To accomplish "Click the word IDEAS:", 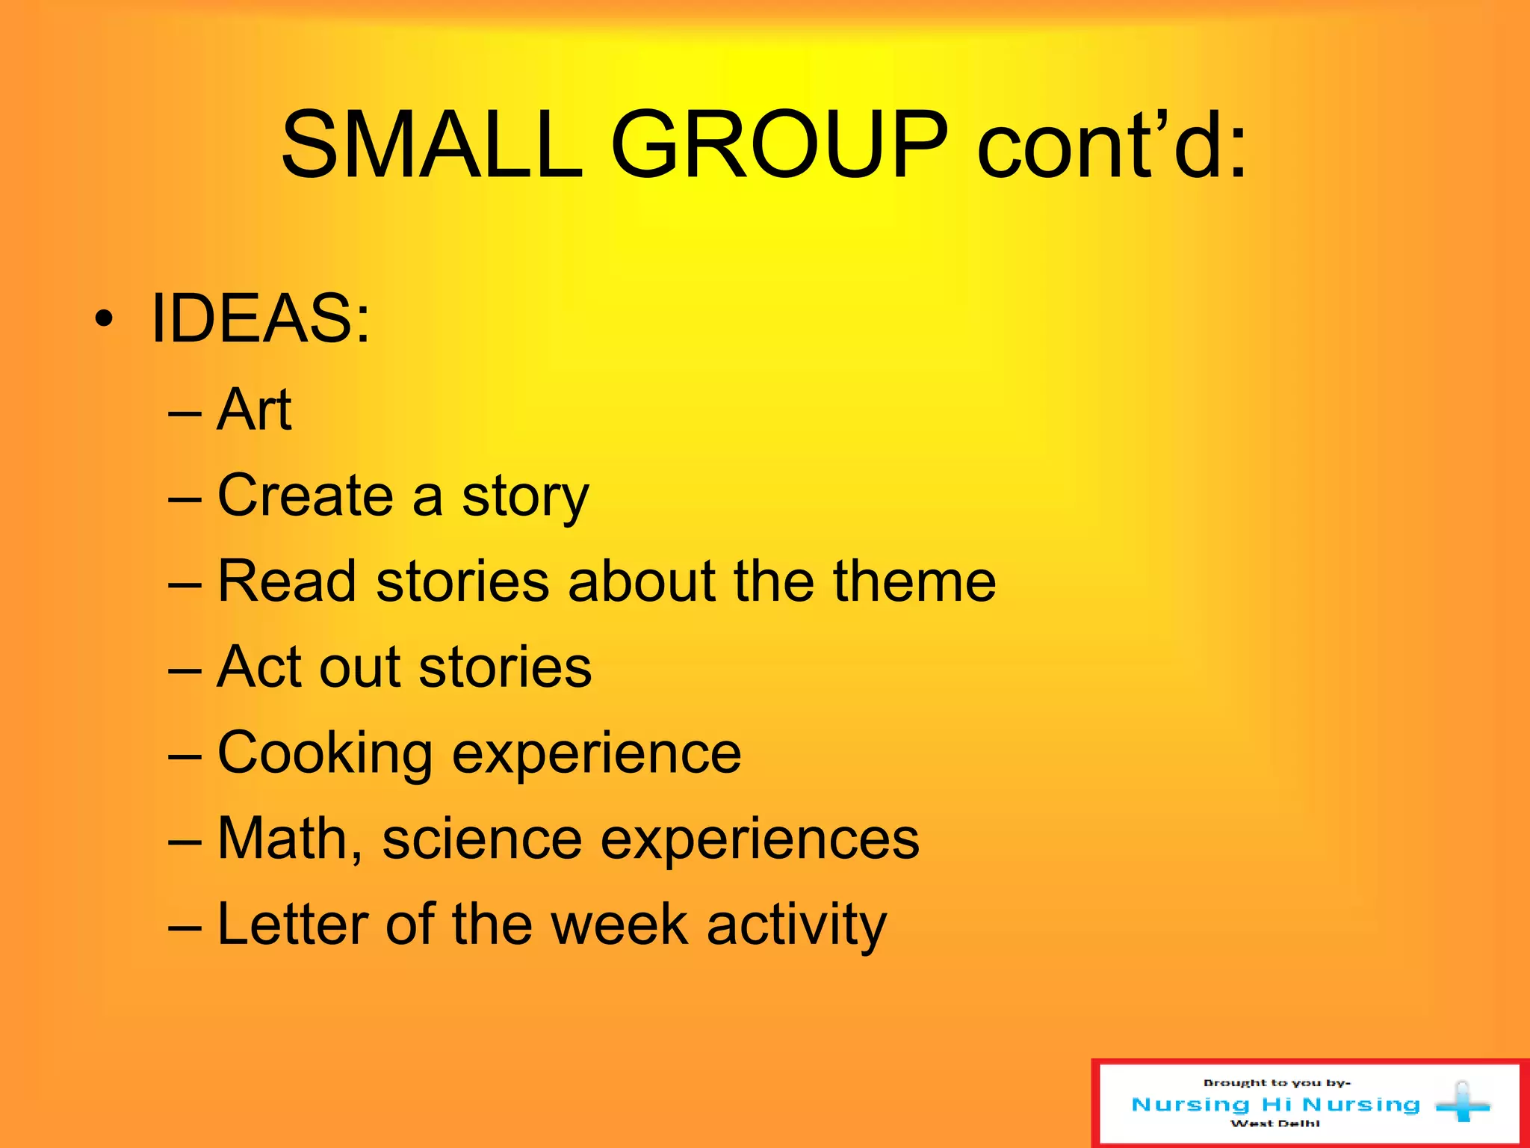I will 260,319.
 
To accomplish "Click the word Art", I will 254,410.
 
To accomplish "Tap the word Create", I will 305,496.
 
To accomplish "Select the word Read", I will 286,581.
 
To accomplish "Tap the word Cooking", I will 325,753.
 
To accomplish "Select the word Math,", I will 290,839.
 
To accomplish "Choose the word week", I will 619,925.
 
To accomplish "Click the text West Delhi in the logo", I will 1275,1123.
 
